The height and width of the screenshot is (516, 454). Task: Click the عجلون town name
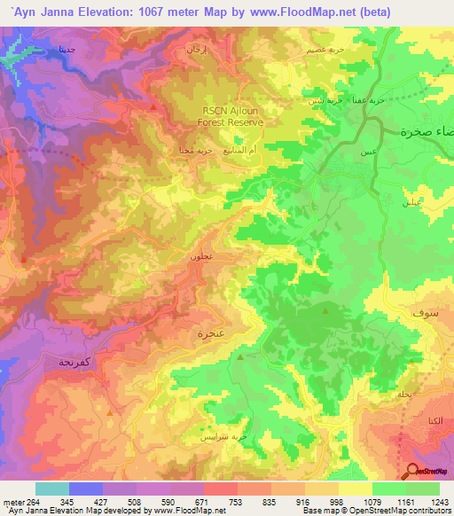point(202,256)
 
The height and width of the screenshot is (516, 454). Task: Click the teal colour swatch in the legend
point(51,489)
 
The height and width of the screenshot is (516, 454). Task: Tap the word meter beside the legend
point(13,501)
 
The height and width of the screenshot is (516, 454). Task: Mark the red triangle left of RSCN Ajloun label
point(153,107)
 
